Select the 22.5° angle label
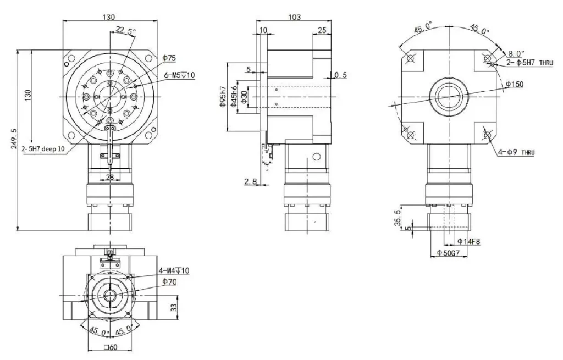125,32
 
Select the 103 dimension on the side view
294,17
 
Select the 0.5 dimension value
340,75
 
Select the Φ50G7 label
448,253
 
